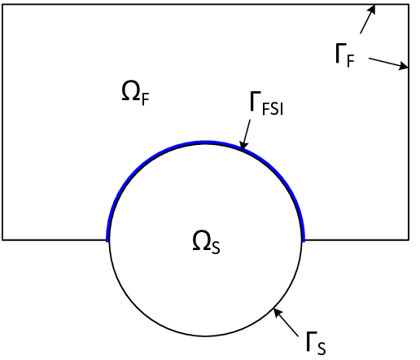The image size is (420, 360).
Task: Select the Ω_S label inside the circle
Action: click(205, 242)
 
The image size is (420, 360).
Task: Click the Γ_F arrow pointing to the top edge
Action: click(367, 19)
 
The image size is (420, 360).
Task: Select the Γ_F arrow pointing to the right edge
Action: click(387, 63)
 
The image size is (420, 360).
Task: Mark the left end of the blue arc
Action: click(107, 239)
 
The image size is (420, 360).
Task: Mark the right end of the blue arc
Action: click(304, 239)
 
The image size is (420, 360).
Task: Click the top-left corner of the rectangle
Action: click(2, 5)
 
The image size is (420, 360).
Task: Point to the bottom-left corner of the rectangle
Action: click(2, 239)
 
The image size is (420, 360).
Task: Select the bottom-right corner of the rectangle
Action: click(408, 239)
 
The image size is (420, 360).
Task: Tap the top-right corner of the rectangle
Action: click(408, 5)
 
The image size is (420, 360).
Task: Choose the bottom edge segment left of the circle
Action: click(55, 239)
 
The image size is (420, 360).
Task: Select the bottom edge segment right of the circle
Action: click(356, 239)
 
